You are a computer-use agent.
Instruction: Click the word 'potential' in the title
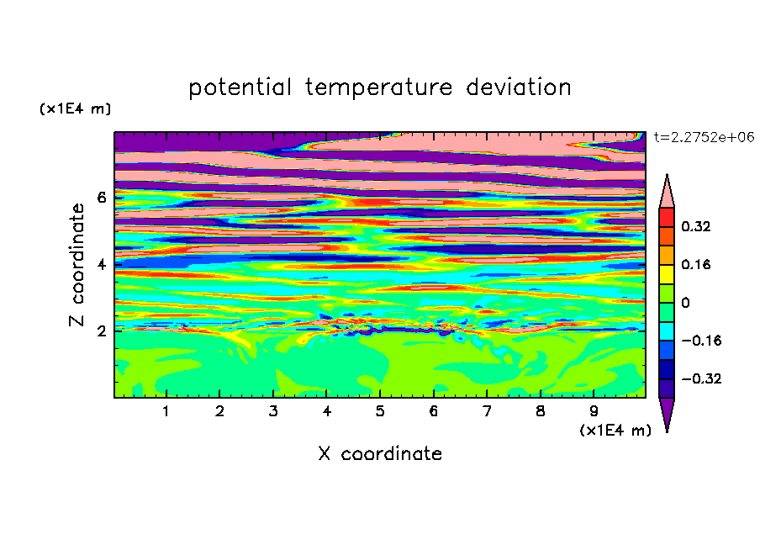coord(240,87)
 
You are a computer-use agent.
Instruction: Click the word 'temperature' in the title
coord(378,87)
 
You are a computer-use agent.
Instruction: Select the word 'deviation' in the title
coord(519,87)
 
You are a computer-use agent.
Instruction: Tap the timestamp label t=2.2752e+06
coord(705,137)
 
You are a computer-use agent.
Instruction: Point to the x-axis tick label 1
coord(166,411)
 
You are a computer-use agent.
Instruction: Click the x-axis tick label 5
coord(380,411)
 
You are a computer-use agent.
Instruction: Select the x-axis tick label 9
coord(594,411)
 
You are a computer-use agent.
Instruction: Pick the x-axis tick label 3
coord(273,411)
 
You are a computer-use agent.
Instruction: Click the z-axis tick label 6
coord(101,198)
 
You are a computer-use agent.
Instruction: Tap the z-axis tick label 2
coord(101,331)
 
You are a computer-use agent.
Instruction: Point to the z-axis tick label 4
coord(101,264)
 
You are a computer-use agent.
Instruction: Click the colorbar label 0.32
coord(695,226)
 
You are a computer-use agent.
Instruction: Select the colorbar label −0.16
coord(701,341)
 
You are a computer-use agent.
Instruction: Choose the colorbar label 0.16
coord(695,264)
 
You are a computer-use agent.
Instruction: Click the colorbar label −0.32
coord(701,378)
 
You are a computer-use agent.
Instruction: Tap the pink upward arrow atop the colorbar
coord(667,193)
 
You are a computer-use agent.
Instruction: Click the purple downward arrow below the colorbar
coord(667,413)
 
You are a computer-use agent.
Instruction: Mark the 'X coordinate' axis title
coord(380,453)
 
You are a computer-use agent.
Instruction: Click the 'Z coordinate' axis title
coord(77,265)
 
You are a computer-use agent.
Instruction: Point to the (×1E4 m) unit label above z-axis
coord(75,108)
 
